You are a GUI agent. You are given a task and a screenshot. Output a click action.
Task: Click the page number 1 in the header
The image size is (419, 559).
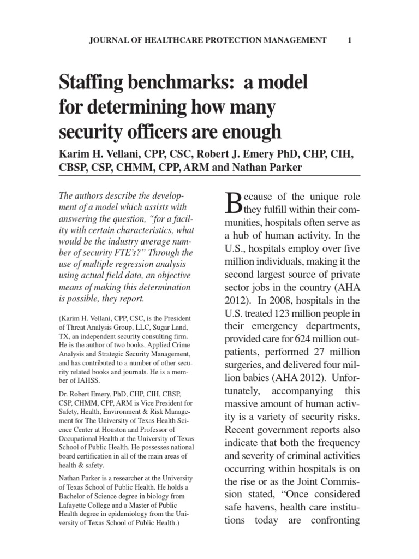(349, 40)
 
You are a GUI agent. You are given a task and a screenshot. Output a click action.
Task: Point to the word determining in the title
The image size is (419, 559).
(139, 107)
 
